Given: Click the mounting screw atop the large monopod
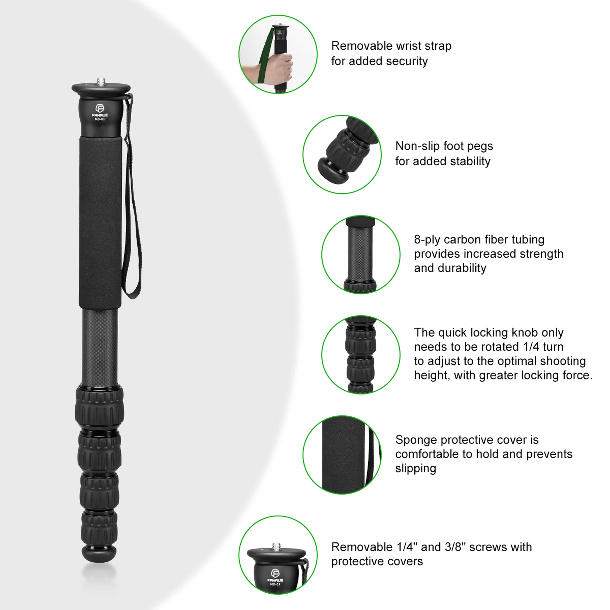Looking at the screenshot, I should tap(101, 81).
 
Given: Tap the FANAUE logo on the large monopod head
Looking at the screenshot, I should tap(100, 110).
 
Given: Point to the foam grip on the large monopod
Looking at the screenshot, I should tap(100, 218).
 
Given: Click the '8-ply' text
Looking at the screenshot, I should tap(427, 240).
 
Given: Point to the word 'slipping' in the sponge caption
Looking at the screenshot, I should tap(416, 469).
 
